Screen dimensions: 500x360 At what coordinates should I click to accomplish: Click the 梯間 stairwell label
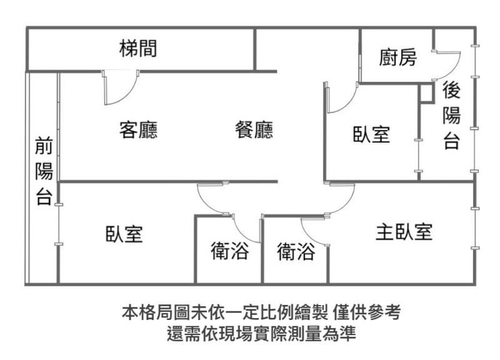pos(138,49)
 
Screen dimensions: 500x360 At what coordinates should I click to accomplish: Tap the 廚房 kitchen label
pos(397,57)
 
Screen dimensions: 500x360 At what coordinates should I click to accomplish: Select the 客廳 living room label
pos(138,129)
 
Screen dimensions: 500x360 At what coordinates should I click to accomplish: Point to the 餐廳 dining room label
pos(254,129)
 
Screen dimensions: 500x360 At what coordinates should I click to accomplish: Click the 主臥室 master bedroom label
pos(404,232)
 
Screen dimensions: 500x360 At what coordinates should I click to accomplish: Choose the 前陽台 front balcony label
pos(44,171)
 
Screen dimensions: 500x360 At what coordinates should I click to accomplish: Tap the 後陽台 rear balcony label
pos(451,115)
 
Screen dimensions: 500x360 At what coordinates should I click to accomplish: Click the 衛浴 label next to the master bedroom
pos(296,251)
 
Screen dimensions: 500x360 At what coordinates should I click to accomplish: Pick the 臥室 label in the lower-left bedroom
pos(124,234)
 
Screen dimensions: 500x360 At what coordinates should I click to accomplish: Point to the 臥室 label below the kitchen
pos(371,134)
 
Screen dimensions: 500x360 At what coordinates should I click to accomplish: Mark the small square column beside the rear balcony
pos(426,92)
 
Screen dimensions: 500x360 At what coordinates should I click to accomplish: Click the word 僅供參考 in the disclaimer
pos(366,312)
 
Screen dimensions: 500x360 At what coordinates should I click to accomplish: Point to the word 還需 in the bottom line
pos(184,333)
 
